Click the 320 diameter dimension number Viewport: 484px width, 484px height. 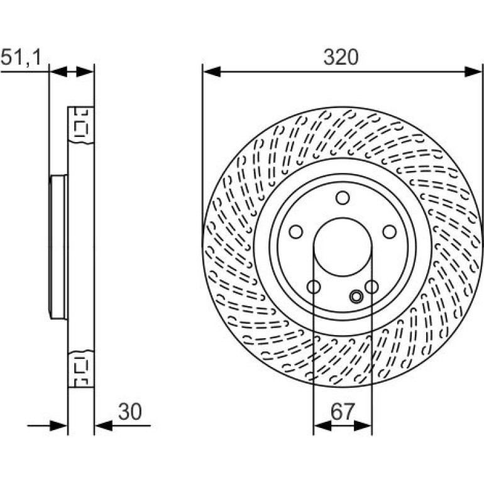point(341,57)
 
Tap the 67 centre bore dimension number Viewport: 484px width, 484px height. point(343,412)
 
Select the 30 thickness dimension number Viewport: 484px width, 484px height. point(130,412)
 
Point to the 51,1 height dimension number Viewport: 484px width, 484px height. point(21,57)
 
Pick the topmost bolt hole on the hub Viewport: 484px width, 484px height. point(343,198)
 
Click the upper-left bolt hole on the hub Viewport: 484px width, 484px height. point(296,232)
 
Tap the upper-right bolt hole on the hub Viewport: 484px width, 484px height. point(390,232)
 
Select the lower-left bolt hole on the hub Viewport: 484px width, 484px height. point(314,287)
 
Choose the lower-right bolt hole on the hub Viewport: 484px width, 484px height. point(371,287)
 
